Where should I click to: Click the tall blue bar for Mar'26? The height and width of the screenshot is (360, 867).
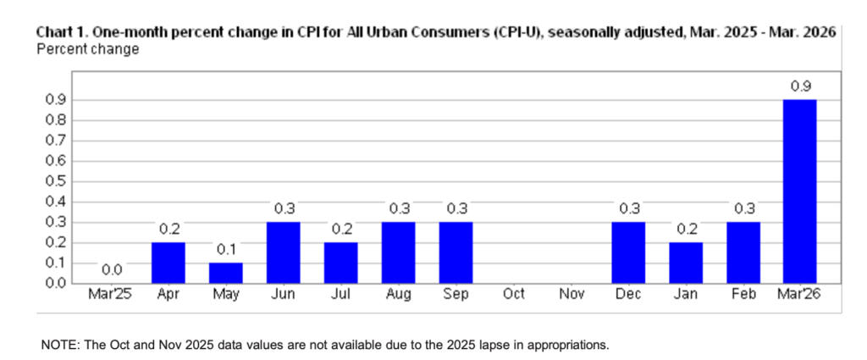pos(800,191)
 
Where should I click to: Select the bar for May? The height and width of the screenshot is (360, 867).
pos(226,273)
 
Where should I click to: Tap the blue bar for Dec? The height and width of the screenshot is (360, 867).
pos(628,252)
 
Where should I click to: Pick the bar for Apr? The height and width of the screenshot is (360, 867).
pos(168,263)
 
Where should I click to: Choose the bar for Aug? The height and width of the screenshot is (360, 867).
pos(399,252)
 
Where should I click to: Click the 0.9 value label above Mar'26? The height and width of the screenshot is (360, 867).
pos(800,86)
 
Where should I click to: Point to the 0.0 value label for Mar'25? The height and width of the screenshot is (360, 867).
pos(111,270)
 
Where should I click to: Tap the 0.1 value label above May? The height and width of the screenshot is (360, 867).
pos(226,250)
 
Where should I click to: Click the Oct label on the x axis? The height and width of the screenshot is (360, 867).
pos(513,294)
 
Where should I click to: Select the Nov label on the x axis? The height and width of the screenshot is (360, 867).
pos(571,294)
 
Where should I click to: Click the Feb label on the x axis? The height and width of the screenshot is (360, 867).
pos(743,294)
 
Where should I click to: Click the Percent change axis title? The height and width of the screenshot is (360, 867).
pos(87,49)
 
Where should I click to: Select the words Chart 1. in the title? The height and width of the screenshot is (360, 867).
pos(62,33)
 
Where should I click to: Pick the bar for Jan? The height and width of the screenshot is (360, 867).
pos(686,263)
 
